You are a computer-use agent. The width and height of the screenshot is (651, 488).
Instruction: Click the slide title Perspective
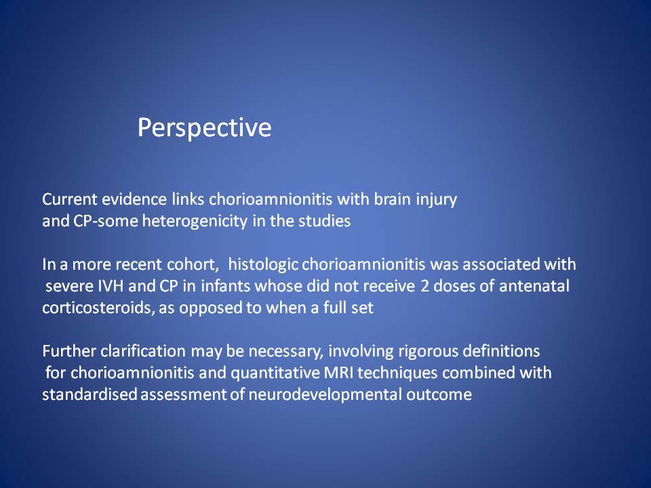(204, 128)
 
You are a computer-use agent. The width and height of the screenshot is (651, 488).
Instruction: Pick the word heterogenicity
(195, 222)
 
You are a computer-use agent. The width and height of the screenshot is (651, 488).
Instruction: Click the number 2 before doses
(425, 286)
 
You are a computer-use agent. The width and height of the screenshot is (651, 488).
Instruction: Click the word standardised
(90, 394)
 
